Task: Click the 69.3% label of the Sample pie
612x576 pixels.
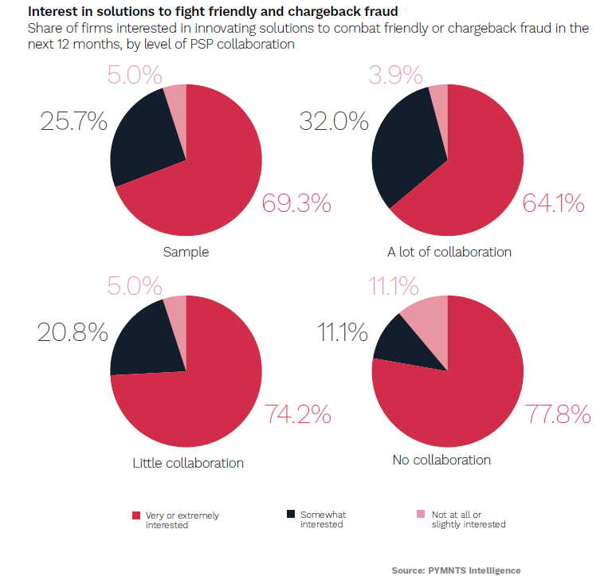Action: coord(296,204)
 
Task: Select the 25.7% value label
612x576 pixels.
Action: coord(73,122)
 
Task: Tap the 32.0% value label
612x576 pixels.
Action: coord(333,122)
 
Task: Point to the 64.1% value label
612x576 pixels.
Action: coord(554,204)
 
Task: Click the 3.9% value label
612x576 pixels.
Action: coord(395,75)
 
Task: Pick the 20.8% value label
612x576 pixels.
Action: coord(73,331)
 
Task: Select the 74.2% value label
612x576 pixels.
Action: coord(297,414)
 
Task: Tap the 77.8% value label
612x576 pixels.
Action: coord(558,414)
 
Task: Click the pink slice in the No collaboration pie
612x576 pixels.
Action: coord(427,314)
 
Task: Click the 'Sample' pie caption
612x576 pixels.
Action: coord(186,252)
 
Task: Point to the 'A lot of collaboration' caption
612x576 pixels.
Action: coord(449,252)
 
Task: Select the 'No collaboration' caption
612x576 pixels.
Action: coord(441,460)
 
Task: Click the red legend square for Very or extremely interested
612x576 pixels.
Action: coord(137,514)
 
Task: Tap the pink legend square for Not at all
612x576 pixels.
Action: coord(422,514)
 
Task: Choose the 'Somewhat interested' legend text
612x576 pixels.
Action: coord(323,519)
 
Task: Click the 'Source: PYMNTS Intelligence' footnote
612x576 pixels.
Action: coord(456,570)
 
